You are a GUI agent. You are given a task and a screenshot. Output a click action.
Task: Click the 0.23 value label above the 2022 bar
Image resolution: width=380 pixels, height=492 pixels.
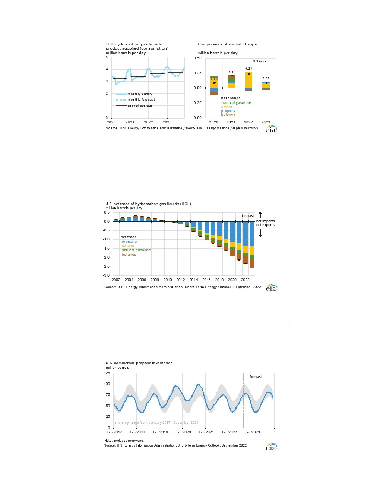248,69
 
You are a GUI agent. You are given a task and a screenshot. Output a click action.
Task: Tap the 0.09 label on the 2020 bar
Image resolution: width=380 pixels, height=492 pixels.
214,79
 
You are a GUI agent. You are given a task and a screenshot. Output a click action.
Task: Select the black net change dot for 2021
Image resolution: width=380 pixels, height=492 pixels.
232,76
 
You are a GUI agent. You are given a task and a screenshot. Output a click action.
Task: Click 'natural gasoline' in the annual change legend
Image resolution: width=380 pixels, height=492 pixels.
236,103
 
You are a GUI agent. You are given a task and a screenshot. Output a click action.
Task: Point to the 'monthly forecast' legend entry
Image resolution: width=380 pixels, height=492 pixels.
141,100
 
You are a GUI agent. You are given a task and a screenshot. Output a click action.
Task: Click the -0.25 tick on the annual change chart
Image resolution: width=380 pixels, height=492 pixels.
197,103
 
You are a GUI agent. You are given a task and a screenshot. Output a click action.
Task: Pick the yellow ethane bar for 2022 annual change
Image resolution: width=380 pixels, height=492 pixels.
248,80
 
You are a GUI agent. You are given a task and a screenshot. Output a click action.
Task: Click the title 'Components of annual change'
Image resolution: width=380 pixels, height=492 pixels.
227,44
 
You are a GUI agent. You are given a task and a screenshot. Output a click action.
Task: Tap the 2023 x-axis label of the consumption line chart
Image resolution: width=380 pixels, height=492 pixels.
167,122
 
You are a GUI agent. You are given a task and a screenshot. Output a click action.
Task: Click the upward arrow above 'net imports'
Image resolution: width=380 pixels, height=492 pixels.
260,215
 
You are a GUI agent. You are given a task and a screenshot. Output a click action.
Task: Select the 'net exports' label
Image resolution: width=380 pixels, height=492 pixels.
265,225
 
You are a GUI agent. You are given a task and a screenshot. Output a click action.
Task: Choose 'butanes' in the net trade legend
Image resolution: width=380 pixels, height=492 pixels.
129,255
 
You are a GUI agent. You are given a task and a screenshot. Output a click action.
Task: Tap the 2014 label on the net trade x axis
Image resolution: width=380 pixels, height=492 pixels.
193,280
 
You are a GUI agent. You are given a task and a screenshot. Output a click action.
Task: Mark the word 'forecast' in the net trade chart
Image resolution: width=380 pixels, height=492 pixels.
248,216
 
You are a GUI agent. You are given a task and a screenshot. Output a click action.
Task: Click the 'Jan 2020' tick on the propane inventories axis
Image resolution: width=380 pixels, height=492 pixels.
183,432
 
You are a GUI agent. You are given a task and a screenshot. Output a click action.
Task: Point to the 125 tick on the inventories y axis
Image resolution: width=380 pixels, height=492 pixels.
107,373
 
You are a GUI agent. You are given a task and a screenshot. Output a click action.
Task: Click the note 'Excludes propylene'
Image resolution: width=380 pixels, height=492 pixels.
124,441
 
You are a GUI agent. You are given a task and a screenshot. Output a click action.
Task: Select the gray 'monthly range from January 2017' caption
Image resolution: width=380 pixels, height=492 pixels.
156,423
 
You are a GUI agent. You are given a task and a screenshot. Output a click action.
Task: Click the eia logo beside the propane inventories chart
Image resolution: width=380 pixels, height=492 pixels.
271,447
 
